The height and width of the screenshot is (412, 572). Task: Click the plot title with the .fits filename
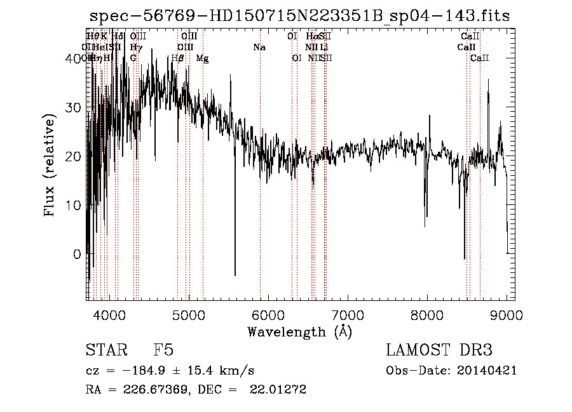point(299,15)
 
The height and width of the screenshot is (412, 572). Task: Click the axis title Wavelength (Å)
point(299,331)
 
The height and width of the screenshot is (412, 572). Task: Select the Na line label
point(259,47)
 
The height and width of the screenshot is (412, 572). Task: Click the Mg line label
point(202,58)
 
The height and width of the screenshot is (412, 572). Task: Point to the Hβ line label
point(178,58)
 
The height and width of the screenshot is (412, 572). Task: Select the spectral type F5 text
point(163,351)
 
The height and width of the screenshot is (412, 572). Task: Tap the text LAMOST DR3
point(439,351)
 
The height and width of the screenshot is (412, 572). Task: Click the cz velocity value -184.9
point(139,371)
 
